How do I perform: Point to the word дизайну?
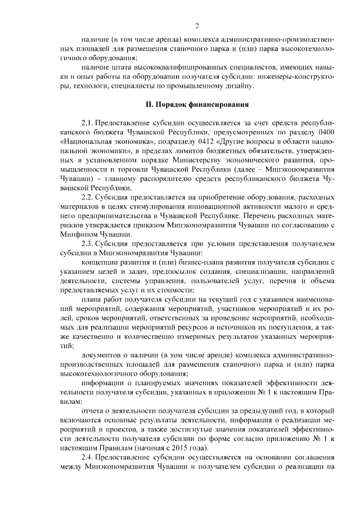240,85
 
